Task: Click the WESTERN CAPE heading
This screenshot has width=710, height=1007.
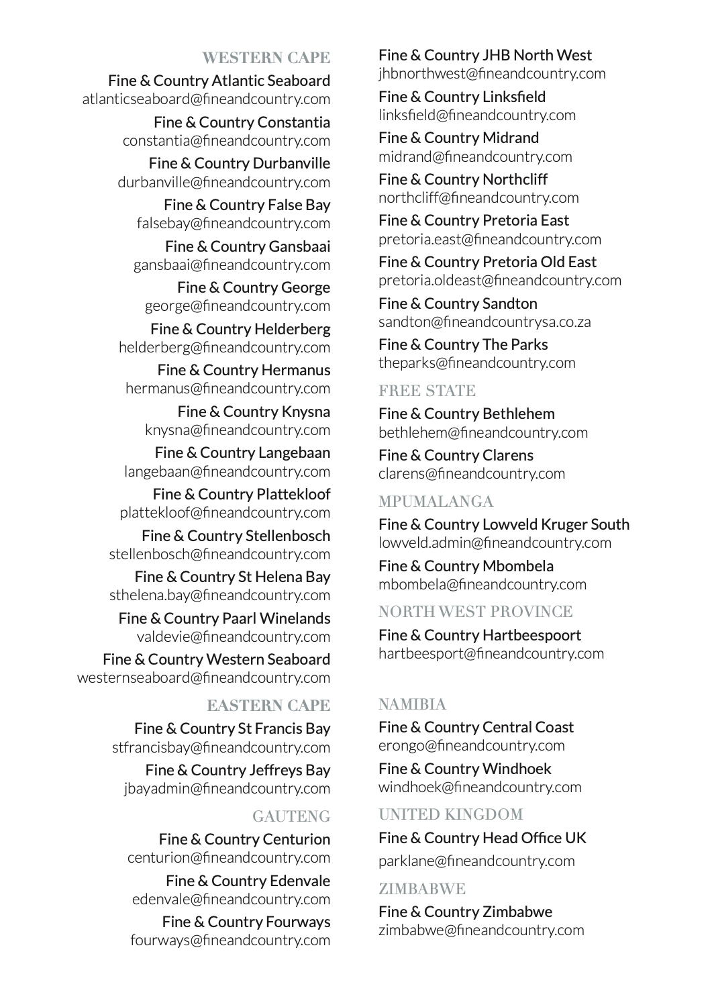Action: [x=266, y=58]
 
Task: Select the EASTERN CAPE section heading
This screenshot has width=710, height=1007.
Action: [x=268, y=706]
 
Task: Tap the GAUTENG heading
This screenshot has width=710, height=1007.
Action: [x=291, y=816]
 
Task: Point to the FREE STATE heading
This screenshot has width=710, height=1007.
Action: [x=427, y=391]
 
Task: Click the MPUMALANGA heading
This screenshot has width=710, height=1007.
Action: [x=436, y=501]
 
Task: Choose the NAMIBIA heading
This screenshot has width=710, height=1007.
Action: [x=412, y=704]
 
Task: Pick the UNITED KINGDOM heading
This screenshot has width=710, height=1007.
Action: [x=450, y=814]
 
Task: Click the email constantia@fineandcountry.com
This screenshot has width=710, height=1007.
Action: [x=226, y=141]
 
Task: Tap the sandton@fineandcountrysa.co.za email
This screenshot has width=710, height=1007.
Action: [x=485, y=322]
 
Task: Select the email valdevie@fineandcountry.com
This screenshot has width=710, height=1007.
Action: [x=234, y=636]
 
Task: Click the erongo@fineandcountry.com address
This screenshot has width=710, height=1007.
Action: [x=471, y=745]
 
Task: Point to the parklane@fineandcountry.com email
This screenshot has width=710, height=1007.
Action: [x=476, y=861]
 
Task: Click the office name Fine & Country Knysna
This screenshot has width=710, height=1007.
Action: [x=254, y=412]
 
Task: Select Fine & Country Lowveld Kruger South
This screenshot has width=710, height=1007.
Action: [x=503, y=524]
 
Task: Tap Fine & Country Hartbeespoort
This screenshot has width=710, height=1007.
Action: [x=479, y=635]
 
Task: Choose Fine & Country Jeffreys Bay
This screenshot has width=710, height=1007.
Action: [x=238, y=770]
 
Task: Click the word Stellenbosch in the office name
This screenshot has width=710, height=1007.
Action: [x=288, y=536]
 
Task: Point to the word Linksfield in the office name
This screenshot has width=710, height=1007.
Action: [x=513, y=97]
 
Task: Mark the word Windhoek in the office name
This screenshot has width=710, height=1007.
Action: [x=516, y=769]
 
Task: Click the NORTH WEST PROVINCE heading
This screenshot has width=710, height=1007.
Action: [x=475, y=612]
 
